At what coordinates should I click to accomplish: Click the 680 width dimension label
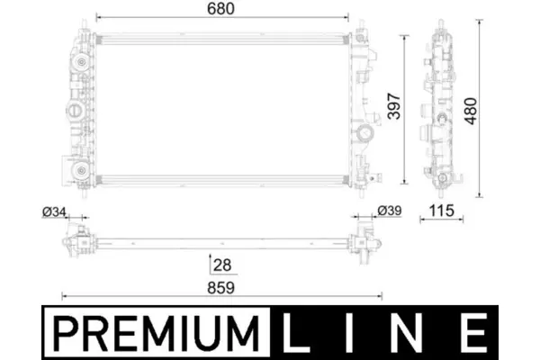point(220,8)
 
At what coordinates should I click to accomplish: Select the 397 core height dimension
point(393,106)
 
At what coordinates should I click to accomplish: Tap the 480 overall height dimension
point(471,111)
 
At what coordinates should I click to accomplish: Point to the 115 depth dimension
point(442,211)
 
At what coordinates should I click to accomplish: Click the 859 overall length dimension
point(220,288)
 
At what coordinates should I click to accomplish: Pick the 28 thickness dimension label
point(222,265)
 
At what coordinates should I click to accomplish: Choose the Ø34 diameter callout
point(54,211)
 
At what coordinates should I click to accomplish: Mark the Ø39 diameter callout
point(390,211)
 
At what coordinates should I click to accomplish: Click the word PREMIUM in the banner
point(156,334)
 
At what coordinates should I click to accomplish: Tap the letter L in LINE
point(295,334)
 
